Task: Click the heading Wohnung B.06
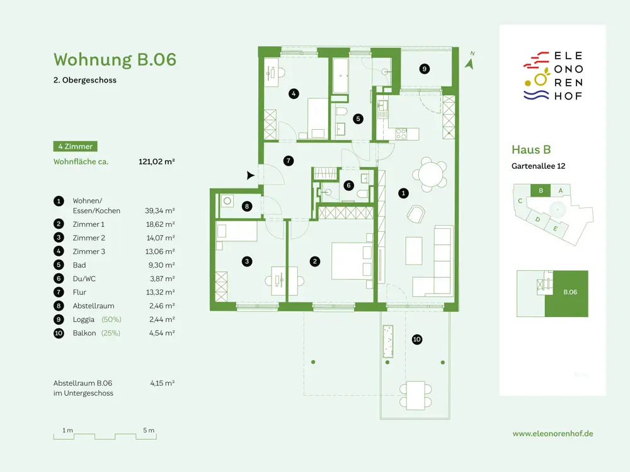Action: click(x=115, y=59)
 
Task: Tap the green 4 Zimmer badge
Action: click(x=75, y=146)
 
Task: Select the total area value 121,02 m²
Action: click(x=157, y=161)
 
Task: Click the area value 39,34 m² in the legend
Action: click(x=160, y=210)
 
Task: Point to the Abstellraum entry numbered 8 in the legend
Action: click(x=93, y=306)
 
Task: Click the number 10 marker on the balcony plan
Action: click(x=416, y=339)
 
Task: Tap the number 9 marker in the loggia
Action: click(x=424, y=69)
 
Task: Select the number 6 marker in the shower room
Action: click(x=348, y=185)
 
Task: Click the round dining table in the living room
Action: click(x=430, y=174)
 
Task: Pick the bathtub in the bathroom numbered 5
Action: click(x=340, y=76)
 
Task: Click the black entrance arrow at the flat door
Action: click(x=250, y=175)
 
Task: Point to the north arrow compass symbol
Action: click(x=470, y=61)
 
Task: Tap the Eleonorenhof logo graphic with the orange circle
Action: click(x=536, y=76)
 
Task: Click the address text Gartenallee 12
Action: click(x=539, y=166)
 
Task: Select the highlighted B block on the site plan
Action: click(x=541, y=190)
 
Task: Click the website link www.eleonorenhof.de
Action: click(x=553, y=434)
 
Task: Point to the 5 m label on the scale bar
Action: click(x=149, y=430)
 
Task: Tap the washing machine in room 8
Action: click(x=227, y=200)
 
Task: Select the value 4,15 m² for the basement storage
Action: click(x=163, y=383)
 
